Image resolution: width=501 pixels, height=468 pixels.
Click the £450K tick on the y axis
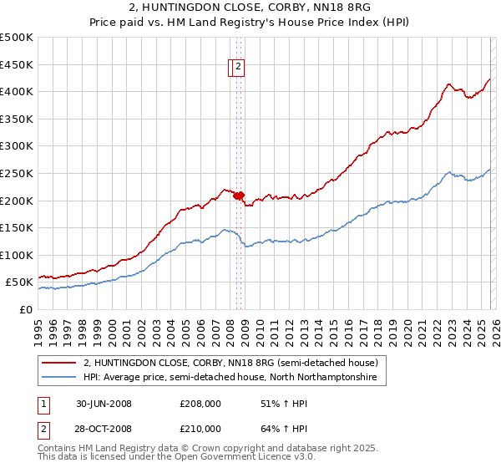17,64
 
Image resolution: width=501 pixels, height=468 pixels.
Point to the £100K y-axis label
17,255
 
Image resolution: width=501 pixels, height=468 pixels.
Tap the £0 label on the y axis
25,309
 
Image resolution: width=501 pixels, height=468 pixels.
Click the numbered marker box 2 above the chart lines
238,68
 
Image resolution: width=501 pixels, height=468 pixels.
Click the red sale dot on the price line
238,196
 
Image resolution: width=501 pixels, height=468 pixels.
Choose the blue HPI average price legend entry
230,378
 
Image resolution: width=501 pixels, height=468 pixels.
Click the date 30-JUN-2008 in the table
104,403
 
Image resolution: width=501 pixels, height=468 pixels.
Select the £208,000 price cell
200,403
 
